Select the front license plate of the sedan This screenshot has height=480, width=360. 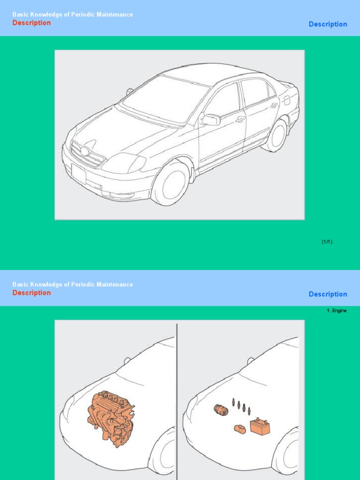click(x=79, y=174)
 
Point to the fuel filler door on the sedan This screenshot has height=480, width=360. click(x=286, y=100)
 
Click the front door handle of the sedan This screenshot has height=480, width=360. click(x=240, y=119)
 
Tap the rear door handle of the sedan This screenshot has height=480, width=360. click(x=274, y=105)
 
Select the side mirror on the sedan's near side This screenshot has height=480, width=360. click(x=210, y=120)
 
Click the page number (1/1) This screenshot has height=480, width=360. click(x=327, y=242)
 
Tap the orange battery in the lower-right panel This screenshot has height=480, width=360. click(x=260, y=427)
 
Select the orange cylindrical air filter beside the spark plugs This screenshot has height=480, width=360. click(x=221, y=410)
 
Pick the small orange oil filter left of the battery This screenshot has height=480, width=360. click(x=240, y=429)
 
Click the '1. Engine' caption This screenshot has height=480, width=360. click(x=337, y=311)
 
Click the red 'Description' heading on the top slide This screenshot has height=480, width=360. click(x=31, y=23)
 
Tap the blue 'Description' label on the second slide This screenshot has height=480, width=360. click(x=328, y=294)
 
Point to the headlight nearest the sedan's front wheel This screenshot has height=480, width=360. click(x=123, y=163)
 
